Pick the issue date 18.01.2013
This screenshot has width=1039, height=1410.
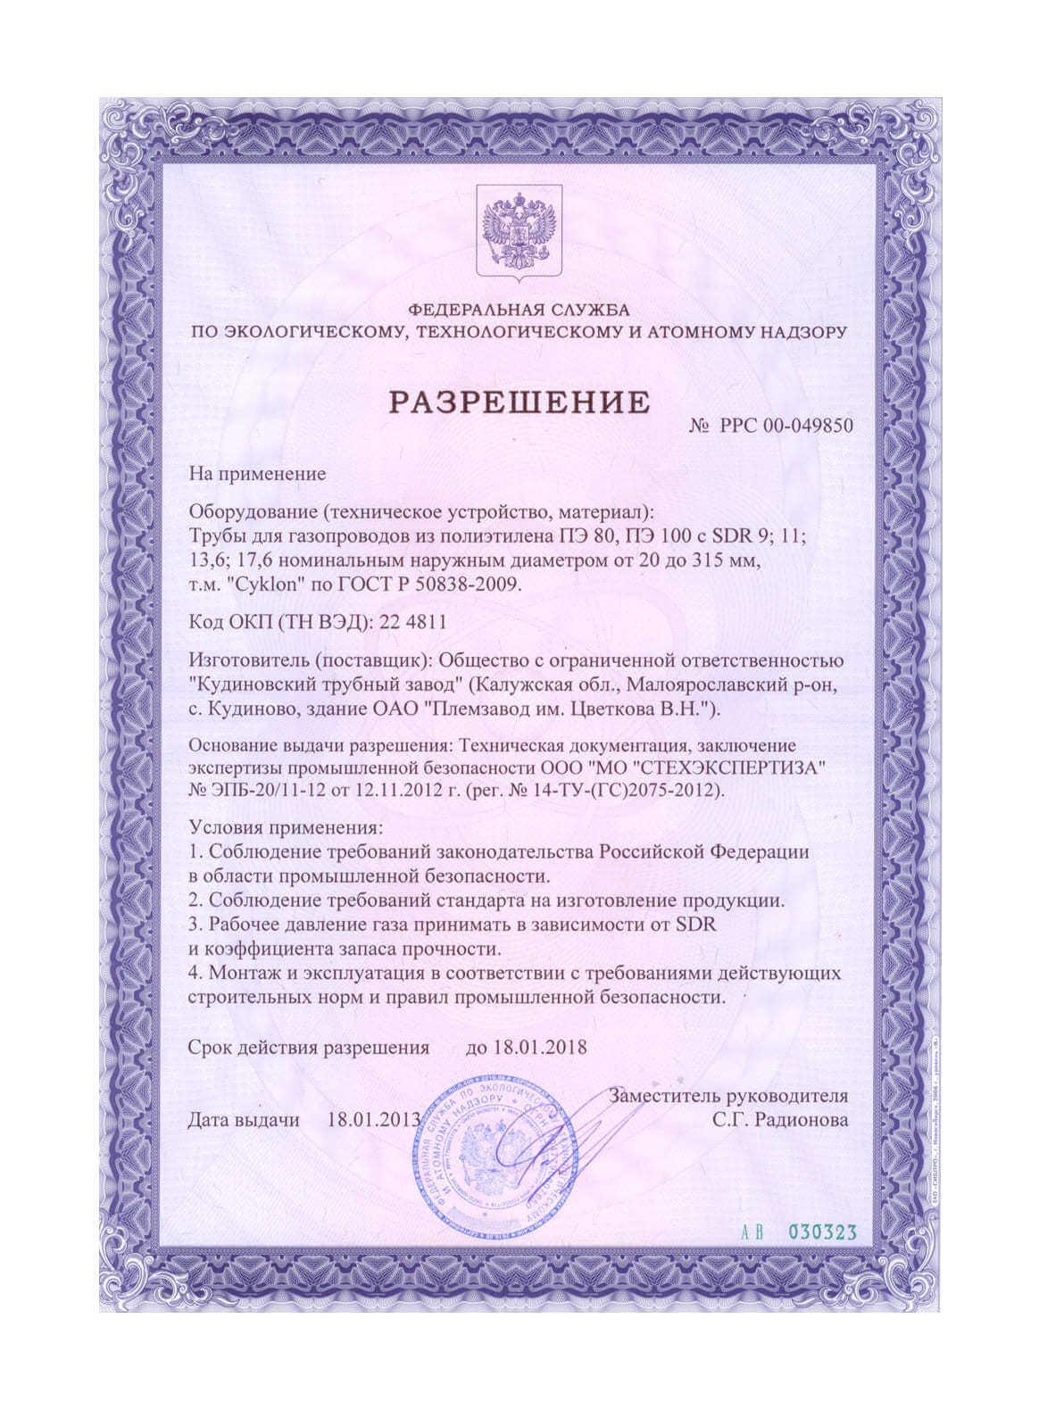(x=374, y=1119)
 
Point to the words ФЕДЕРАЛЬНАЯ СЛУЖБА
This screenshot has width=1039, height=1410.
(x=519, y=310)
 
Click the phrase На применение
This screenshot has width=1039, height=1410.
(x=257, y=474)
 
